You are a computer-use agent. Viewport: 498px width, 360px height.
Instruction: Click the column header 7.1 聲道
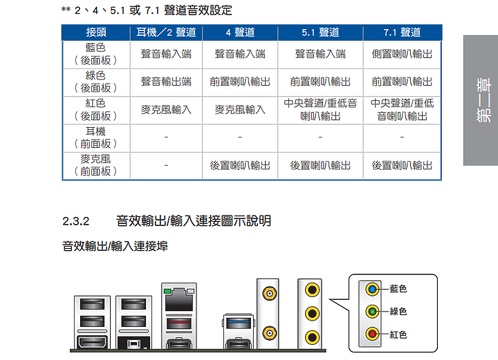[402, 32]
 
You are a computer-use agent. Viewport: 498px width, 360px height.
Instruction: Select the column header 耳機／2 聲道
[166, 32]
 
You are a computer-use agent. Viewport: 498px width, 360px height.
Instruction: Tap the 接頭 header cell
[96, 32]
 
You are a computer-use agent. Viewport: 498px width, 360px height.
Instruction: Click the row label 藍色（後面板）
[95, 54]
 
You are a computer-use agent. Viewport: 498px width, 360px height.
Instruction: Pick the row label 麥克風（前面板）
[95, 165]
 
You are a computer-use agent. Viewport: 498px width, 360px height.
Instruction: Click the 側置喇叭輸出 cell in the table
[402, 54]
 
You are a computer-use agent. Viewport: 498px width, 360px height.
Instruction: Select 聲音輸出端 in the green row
[166, 82]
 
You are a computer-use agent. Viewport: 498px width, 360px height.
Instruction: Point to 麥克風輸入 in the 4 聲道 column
[240, 110]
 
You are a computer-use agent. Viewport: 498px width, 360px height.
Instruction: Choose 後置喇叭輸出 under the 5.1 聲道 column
[320, 165]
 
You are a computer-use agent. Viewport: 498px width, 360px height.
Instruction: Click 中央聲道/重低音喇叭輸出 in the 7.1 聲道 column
[402, 110]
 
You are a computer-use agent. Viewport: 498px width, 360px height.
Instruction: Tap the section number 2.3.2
[76, 221]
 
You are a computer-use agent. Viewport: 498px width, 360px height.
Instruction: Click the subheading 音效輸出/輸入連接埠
[115, 246]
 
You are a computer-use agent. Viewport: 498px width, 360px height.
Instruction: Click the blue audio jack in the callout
[372, 290]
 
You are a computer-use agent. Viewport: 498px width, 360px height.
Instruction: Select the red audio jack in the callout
[372, 334]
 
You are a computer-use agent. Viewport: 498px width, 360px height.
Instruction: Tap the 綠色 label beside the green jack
[398, 312]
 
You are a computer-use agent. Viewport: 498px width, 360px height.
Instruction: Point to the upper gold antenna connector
[269, 294]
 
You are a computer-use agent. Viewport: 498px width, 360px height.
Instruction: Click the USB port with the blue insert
[239, 324]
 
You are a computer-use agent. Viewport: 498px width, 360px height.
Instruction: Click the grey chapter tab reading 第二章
[481, 100]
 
